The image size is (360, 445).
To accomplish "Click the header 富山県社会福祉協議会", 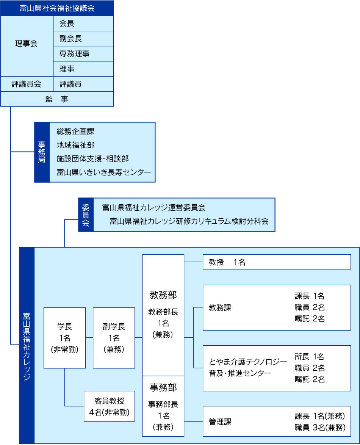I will pos(57,8).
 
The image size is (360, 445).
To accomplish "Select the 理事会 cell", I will pos(27,44).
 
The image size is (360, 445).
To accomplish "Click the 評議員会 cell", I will pos(27,84).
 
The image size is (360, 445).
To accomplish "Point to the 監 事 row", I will pos(57,99).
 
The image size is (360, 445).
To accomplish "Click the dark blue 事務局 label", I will pos(42,152).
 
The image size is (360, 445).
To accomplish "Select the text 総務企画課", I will pos(75,132).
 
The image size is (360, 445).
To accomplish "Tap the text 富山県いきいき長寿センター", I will pos(103,172).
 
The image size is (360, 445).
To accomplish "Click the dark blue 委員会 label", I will pos(86,215).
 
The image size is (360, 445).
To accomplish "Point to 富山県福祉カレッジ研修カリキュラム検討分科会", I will pos(189,221).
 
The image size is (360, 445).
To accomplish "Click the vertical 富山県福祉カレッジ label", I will pos(27,345).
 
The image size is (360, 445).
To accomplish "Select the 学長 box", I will pos(64,338).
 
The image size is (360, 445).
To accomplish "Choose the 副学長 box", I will pos(114,338).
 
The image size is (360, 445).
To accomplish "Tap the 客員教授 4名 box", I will pos(109,406).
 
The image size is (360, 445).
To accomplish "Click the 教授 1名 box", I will pos(277,262).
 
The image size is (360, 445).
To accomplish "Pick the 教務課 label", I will pos(220,307).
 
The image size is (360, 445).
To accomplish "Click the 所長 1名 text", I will pos(309,356).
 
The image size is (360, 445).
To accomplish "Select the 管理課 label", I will pos(220,421).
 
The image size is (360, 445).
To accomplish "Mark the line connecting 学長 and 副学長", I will pos(89,337).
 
